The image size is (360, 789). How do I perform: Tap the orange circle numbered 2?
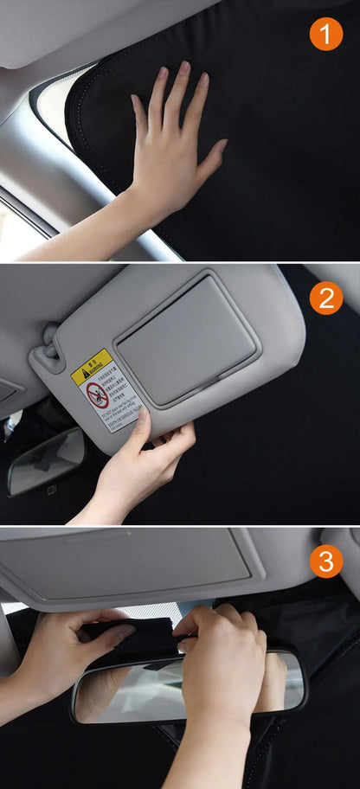[326, 298]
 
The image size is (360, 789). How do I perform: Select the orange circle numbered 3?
[326, 561]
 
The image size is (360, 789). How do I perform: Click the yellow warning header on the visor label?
[92, 368]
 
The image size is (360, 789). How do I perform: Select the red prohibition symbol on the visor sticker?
[98, 395]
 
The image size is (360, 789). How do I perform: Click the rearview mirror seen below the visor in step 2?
[45, 461]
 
